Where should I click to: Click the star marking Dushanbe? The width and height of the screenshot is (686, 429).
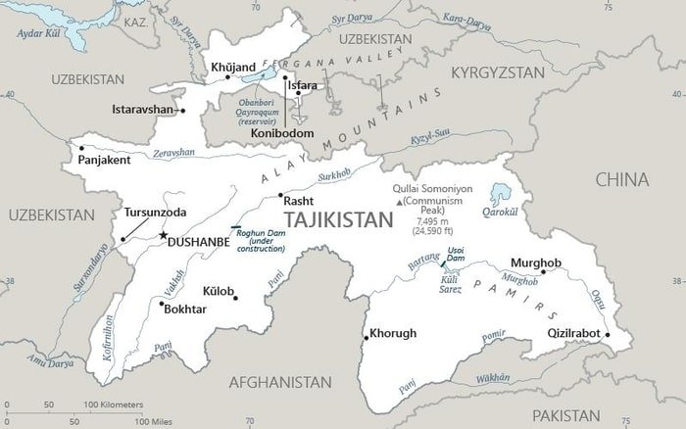pos(163,235)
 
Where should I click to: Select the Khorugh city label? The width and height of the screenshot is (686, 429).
pos(392,333)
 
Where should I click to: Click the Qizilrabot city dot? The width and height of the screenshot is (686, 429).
pos(608,334)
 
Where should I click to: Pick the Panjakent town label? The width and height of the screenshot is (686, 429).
pos(105,160)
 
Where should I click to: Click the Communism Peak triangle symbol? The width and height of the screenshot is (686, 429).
pos(398,202)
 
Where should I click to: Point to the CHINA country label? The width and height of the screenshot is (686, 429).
pos(622,179)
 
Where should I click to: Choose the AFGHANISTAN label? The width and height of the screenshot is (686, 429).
pos(280,382)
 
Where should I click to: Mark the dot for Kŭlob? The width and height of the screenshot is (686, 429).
pos(235,298)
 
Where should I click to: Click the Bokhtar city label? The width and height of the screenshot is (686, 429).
pos(185,309)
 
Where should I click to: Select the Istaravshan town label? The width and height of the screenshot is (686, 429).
pos(143,109)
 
